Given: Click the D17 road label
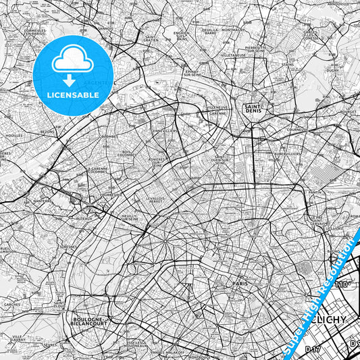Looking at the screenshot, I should (312, 349).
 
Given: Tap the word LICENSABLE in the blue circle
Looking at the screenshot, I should (73, 95).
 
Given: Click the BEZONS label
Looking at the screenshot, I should (48, 132).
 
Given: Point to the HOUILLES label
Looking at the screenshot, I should (13, 135).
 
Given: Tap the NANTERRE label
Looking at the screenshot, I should (43, 201).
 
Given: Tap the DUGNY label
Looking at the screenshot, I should (332, 70).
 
